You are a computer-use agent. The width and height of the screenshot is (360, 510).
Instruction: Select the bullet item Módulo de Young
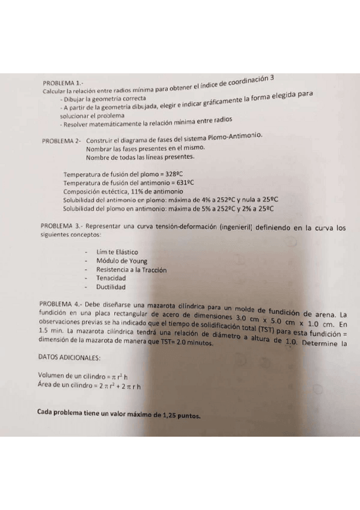point(122,260)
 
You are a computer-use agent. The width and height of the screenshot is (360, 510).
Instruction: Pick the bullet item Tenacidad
point(111,278)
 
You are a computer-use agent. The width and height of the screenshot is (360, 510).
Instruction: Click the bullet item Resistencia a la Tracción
point(132,269)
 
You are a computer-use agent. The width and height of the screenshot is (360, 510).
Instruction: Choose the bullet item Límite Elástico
point(117,251)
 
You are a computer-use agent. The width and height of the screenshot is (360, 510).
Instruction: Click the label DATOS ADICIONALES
point(69,357)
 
